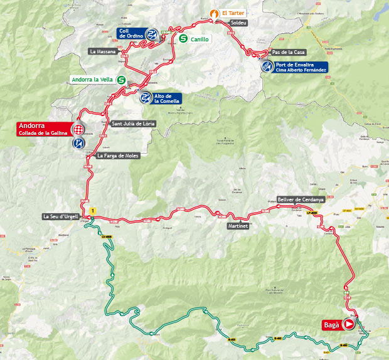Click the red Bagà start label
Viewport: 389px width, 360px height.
coord(332,325)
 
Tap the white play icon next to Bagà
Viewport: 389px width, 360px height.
coord(349,325)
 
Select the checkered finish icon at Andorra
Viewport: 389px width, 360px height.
coord(79,130)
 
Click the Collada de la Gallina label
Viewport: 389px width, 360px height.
coord(43,132)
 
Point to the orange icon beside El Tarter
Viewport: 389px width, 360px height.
coord(215,13)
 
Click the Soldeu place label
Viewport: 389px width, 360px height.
coord(239,23)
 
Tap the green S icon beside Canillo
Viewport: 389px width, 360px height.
coord(183,39)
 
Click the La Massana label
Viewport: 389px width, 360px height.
coord(103,51)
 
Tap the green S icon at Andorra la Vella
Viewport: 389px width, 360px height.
coord(121,80)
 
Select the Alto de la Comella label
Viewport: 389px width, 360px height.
coord(168,98)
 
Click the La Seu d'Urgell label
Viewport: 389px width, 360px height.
coord(61,217)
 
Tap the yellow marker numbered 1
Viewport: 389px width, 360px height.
coord(93,211)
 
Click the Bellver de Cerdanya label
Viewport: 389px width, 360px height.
coord(300,199)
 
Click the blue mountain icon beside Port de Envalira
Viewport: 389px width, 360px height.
coord(267,66)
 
